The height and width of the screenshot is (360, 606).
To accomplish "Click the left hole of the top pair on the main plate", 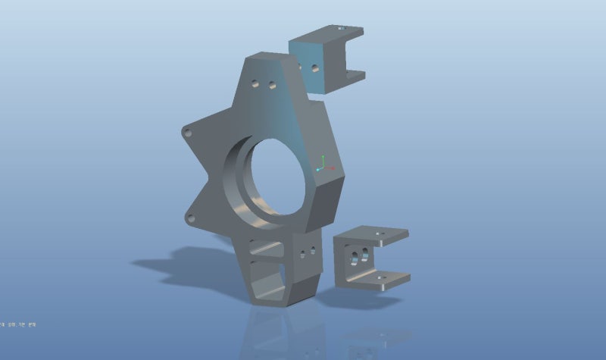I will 256,82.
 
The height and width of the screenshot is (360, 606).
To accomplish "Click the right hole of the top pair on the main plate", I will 270,86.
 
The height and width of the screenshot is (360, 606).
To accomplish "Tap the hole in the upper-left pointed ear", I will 189,133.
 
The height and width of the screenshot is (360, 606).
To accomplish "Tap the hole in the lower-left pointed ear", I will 190,219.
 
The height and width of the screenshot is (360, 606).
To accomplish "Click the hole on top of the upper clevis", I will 340,27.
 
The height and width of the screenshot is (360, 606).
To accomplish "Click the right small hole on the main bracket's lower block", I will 312,249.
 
